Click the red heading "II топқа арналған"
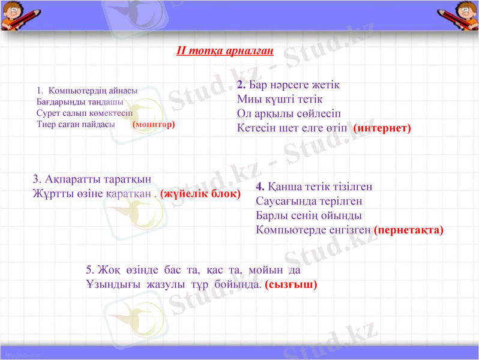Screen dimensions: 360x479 (225, 50)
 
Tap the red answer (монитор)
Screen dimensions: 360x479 (154, 124)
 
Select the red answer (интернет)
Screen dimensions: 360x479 (382, 128)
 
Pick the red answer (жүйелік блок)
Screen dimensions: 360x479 (200, 194)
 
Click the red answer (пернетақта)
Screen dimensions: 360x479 (408, 229)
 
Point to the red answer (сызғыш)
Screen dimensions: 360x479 (291, 284)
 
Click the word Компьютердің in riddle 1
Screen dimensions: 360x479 (79, 91)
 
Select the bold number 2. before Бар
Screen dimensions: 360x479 (241, 85)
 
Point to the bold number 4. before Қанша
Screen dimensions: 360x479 (261, 186)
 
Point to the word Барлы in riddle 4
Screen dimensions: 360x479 (271, 215)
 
